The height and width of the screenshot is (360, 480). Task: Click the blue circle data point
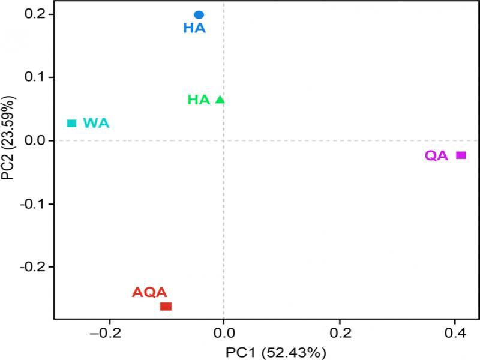[199, 14]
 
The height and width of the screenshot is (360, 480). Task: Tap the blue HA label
[194, 28]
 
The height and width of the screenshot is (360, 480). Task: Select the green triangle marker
[220, 100]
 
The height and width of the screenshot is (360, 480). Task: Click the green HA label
[199, 100]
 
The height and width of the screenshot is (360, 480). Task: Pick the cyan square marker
[72, 123]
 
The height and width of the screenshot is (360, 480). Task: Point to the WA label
[96, 123]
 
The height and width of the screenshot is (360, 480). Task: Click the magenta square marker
[461, 155]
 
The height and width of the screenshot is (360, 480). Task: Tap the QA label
[437, 156]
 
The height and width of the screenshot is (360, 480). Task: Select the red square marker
[166, 307]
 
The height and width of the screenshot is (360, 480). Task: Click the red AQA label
[149, 293]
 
